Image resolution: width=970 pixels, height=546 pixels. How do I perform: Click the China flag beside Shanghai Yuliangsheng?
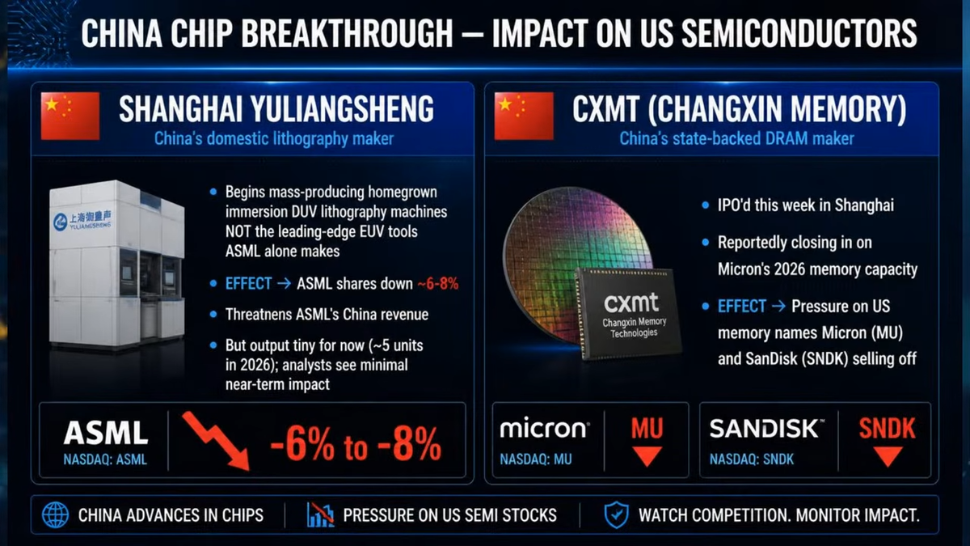[70, 116]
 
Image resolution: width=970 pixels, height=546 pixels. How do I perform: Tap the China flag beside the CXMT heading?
[524, 116]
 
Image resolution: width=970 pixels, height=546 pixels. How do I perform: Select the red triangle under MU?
[647, 456]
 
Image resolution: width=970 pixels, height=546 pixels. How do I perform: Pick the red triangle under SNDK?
[888, 456]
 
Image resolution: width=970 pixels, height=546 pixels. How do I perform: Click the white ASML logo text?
[106, 433]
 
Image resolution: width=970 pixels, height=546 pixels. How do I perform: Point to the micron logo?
[544, 428]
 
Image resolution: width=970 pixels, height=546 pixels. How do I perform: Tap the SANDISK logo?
[766, 428]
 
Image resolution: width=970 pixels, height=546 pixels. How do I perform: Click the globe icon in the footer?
[55, 514]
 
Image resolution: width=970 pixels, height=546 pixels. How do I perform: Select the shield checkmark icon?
[616, 514]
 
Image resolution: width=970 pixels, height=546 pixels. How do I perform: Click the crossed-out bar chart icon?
[320, 514]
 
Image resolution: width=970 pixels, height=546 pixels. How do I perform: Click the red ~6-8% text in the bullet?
[438, 284]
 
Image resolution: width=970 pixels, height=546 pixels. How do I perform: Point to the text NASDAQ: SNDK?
[751, 459]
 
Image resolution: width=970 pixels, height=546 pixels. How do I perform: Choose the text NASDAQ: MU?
[536, 459]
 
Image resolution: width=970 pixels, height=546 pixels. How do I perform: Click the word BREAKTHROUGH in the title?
[347, 33]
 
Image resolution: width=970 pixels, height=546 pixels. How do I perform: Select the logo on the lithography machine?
[82, 221]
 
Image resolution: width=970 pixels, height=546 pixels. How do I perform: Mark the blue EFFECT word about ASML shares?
[248, 284]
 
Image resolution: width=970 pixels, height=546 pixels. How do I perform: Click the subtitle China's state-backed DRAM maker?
[736, 138]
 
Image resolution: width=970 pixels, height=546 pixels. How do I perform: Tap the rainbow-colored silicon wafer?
[576, 260]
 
